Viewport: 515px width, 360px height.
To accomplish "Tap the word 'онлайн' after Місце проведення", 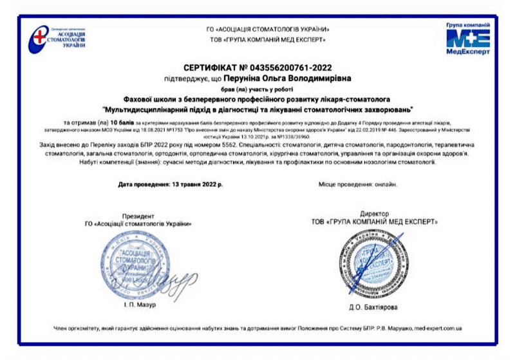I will click(386, 184).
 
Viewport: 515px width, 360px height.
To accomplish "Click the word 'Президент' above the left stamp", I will click(138, 214).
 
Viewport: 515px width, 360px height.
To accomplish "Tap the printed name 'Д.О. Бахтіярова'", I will click(378, 307).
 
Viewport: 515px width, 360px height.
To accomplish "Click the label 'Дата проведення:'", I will click(142, 184).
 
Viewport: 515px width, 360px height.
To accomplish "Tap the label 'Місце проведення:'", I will click(345, 184).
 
